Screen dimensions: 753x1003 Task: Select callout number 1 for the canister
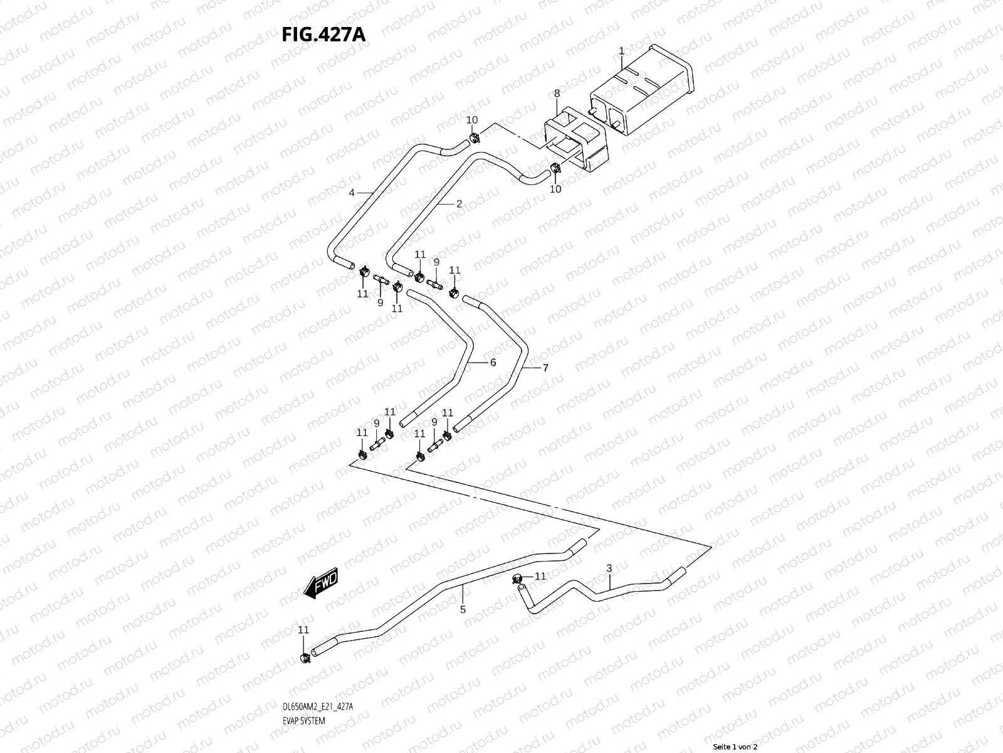point(621,50)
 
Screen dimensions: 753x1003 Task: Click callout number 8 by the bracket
point(556,94)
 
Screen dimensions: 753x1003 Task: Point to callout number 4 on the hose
point(352,193)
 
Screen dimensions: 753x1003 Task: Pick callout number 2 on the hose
point(459,203)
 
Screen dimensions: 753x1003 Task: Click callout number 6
point(493,362)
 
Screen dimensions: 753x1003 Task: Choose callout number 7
point(545,368)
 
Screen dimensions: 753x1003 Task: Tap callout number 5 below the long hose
point(463,609)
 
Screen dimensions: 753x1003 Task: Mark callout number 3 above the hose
point(609,569)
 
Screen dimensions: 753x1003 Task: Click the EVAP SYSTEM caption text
point(304,721)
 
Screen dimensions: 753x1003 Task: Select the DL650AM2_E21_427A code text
point(318,707)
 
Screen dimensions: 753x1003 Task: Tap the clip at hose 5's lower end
point(305,658)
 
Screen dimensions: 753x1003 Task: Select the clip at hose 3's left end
point(518,578)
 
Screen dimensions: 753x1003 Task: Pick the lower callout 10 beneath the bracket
point(555,189)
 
